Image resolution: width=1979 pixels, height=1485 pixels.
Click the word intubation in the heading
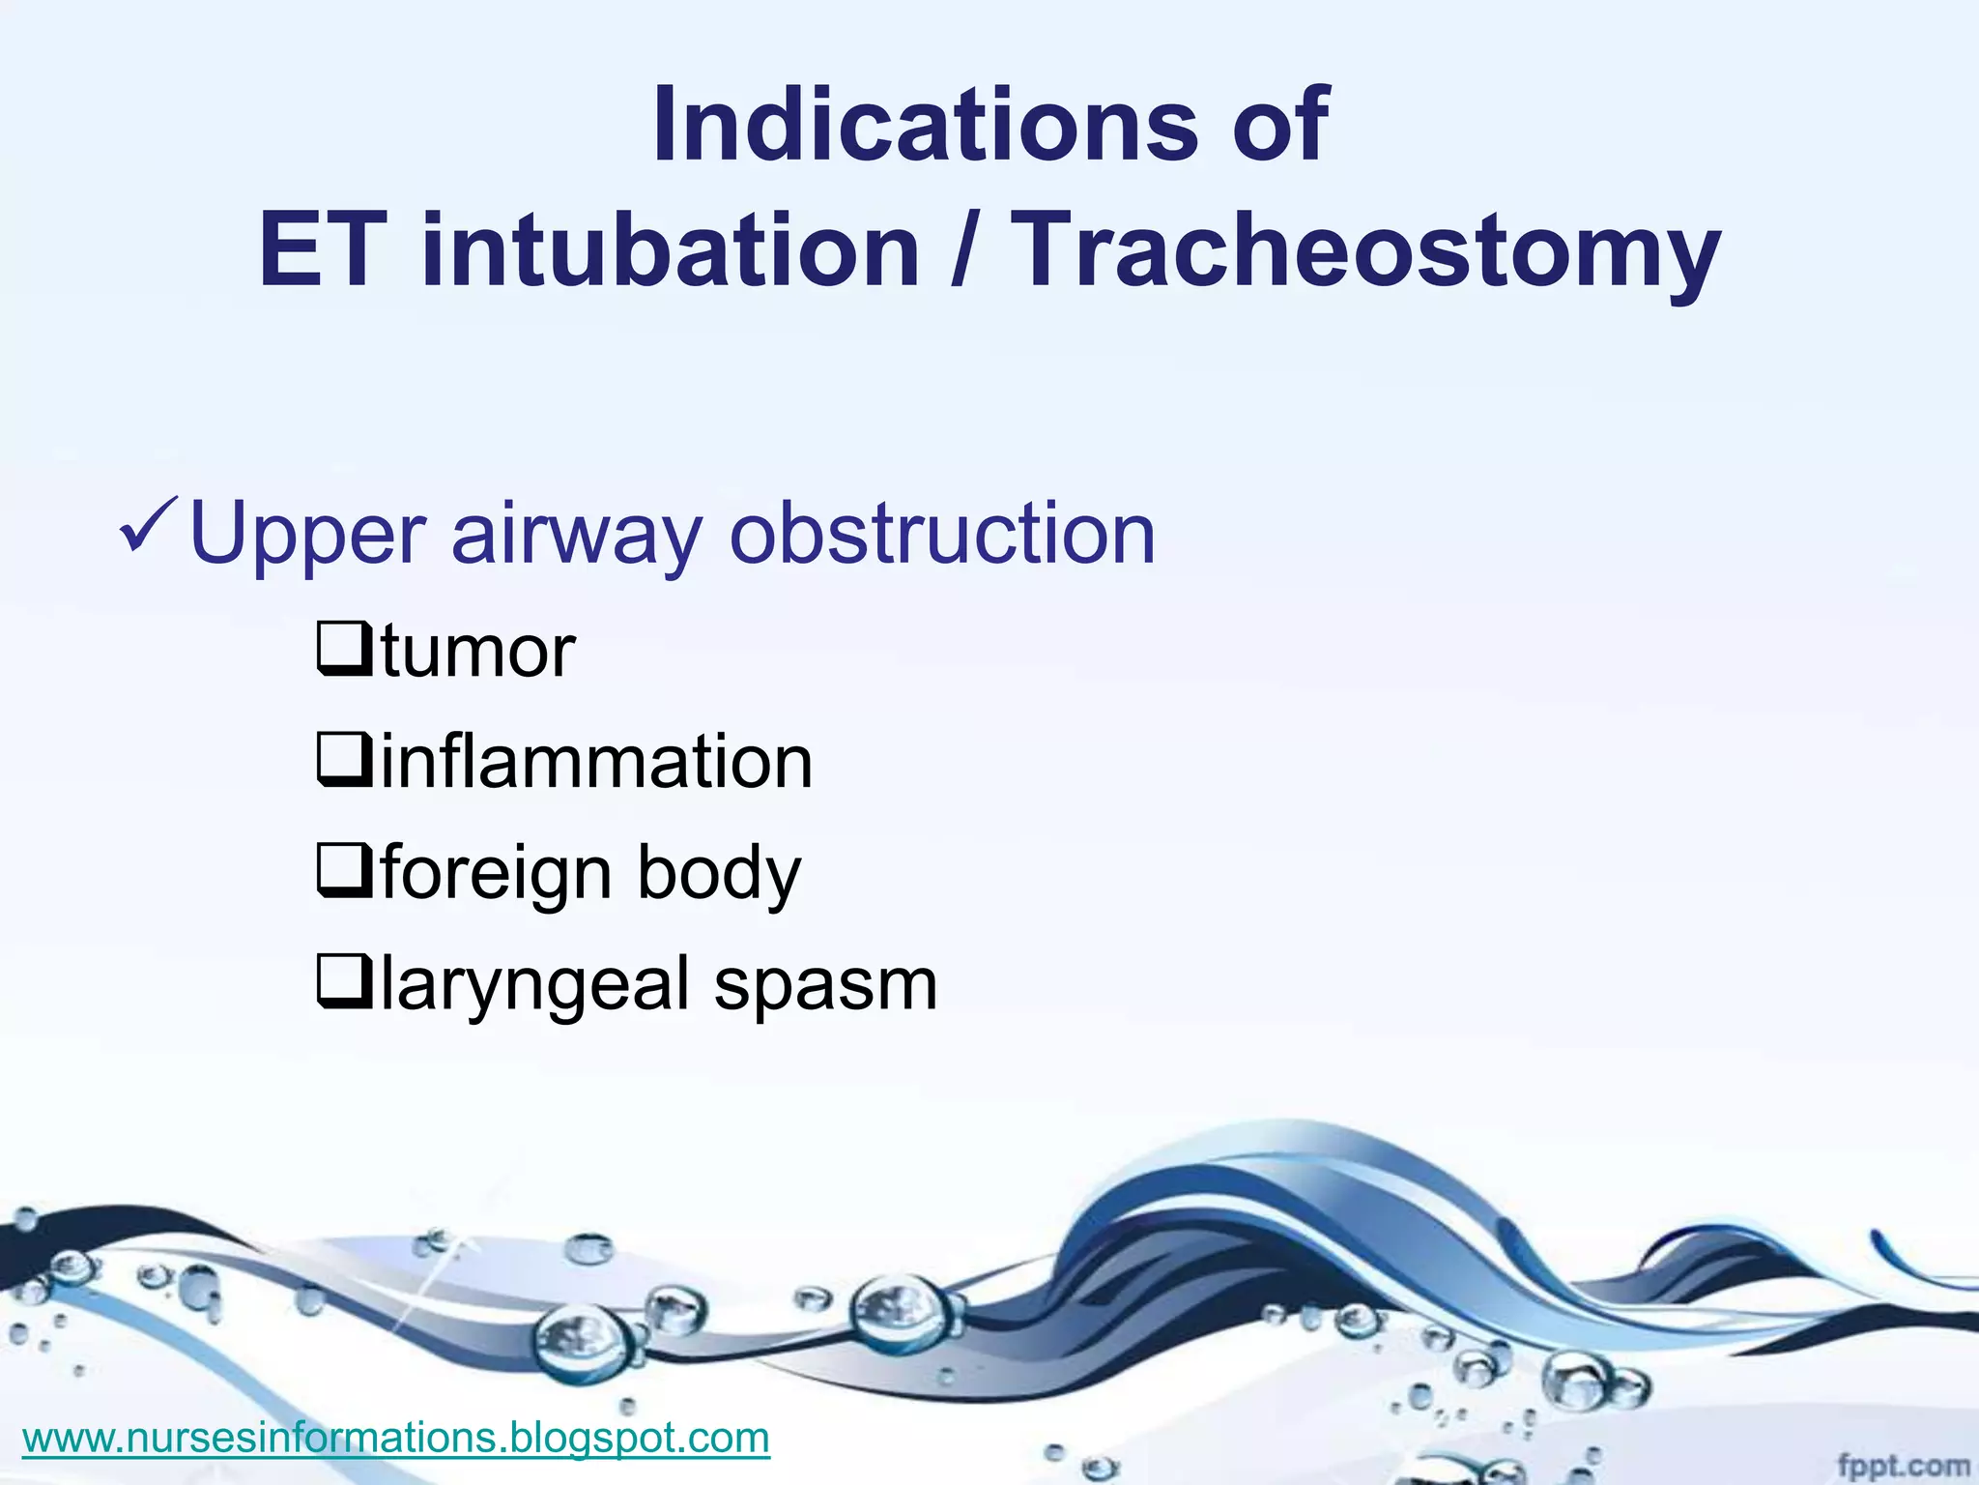coord(670,251)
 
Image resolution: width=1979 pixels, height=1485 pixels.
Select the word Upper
coord(308,535)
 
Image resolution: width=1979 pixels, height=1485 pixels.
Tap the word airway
coord(576,535)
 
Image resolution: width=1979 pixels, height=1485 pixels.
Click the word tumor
coord(479,651)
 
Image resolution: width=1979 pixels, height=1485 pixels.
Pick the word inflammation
coord(596,762)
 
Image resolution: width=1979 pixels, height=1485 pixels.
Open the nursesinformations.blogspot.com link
coord(395,1438)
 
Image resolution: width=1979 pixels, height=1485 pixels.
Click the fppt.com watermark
coord(1903,1466)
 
